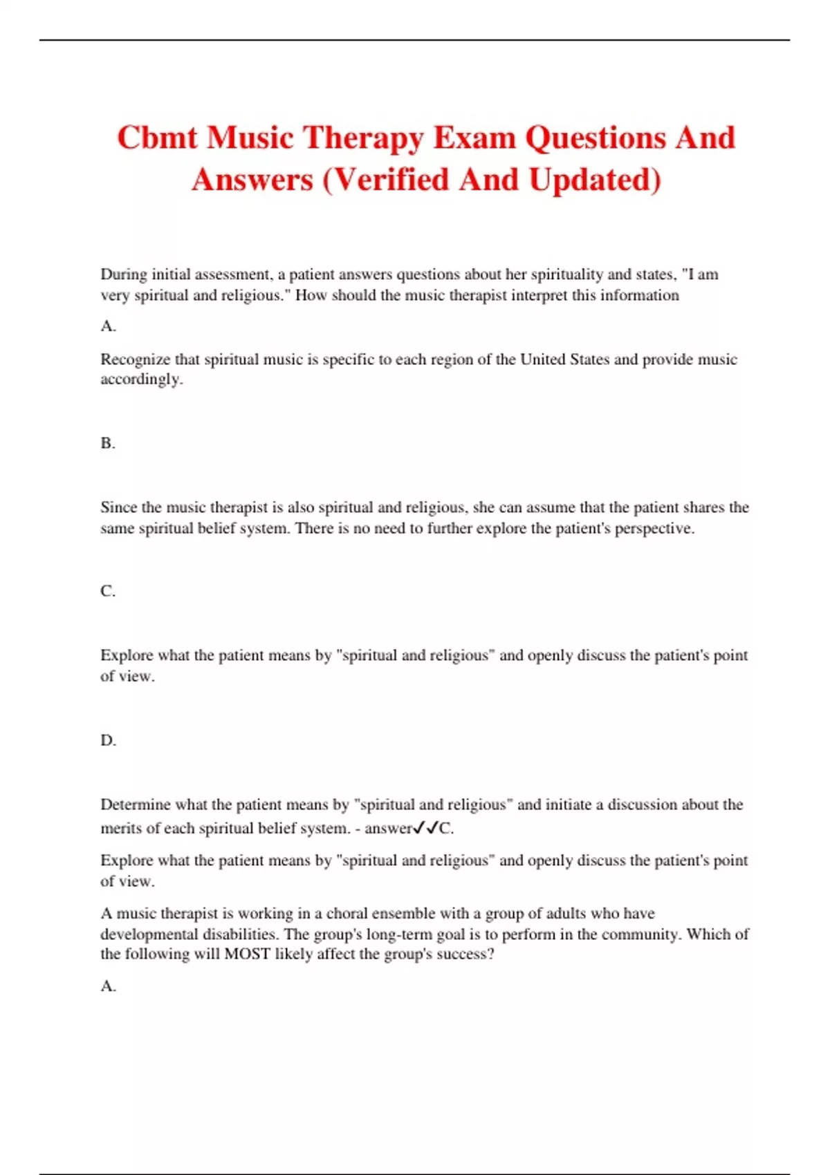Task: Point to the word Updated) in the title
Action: coord(595,180)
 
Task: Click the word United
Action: coord(542,359)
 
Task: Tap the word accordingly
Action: coord(141,379)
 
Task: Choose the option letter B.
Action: coord(108,443)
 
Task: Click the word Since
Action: coord(119,507)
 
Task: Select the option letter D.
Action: coord(108,740)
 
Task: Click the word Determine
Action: coord(136,805)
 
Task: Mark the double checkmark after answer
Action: coord(425,828)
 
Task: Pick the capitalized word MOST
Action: coord(247,955)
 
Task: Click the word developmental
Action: coord(151,934)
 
